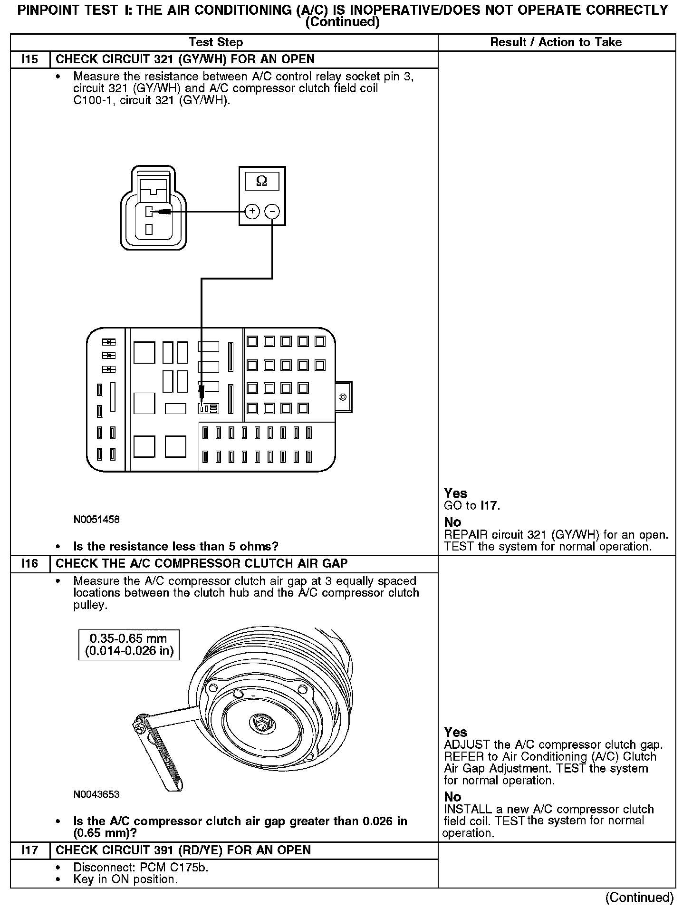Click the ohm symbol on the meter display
(x=261, y=181)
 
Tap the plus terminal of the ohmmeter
(x=252, y=211)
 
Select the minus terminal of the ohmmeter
(x=272, y=211)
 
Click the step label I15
(x=29, y=59)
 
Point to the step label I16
(x=29, y=564)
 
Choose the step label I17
(x=29, y=850)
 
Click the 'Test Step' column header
(x=216, y=42)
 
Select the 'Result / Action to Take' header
(x=556, y=42)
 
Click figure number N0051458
(x=96, y=519)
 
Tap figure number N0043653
(x=96, y=794)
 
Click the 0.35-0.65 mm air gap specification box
(x=129, y=645)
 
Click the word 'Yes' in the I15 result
(x=455, y=493)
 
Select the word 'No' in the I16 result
(x=452, y=796)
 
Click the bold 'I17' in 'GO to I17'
(x=489, y=505)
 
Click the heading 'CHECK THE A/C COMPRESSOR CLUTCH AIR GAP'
(x=202, y=564)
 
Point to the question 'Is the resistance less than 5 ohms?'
(x=176, y=546)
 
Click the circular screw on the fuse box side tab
(x=343, y=397)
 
